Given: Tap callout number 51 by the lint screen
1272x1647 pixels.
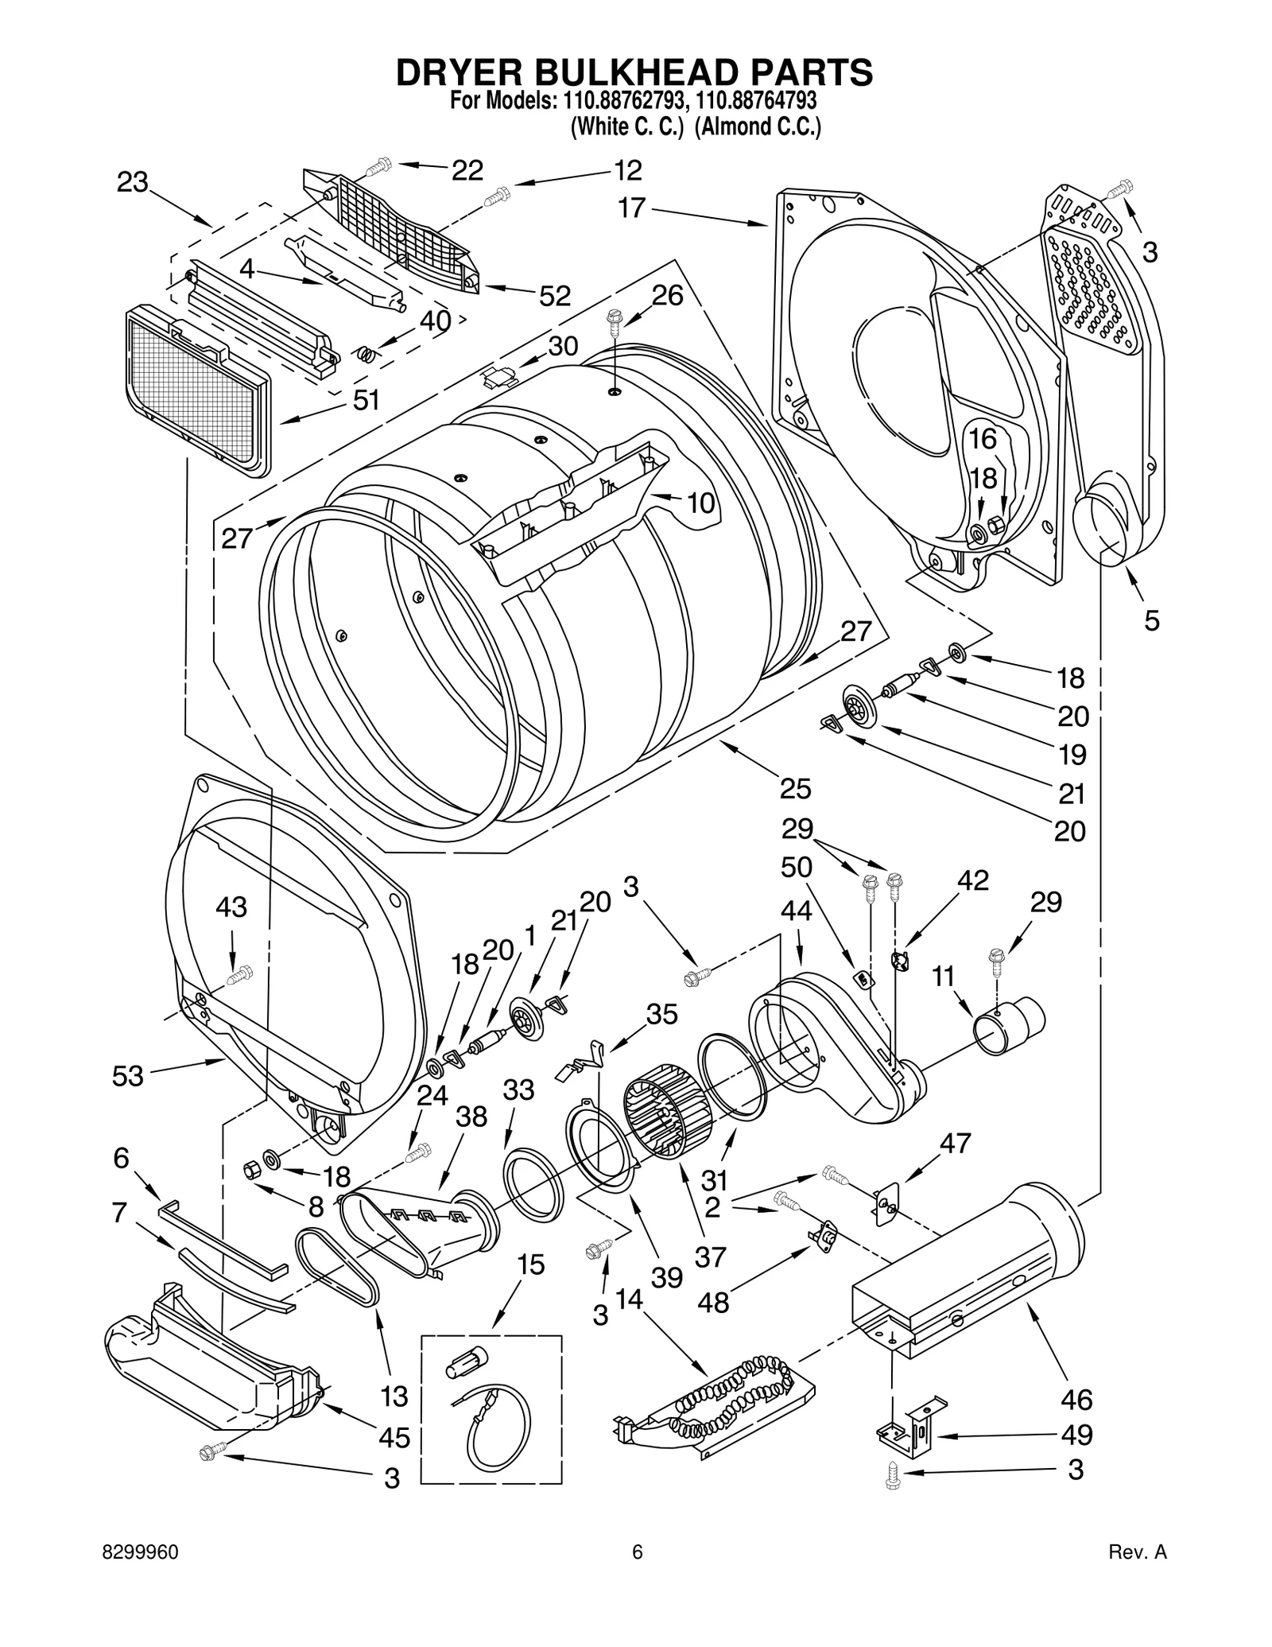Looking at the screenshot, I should click(x=366, y=400).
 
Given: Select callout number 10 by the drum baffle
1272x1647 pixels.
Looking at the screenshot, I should click(x=700, y=503).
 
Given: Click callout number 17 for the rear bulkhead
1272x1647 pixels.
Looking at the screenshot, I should click(x=632, y=208).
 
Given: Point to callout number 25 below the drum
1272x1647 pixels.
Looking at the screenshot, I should click(x=795, y=788).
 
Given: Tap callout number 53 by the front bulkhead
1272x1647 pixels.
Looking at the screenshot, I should click(x=128, y=1076).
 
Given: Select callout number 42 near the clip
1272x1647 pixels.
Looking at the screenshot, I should click(x=972, y=880).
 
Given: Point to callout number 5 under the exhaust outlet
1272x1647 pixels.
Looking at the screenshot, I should click(x=1152, y=620).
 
